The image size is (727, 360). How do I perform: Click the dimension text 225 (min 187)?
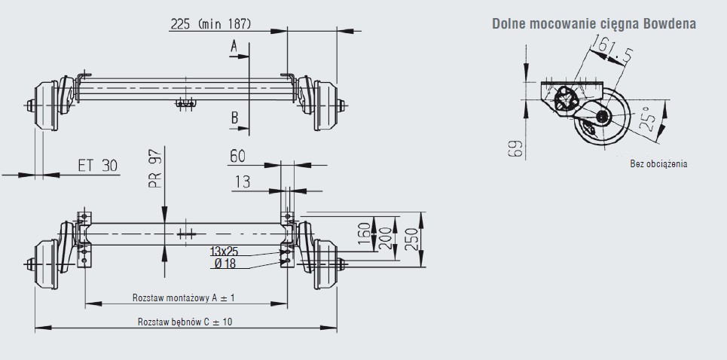pyautogui.click(x=210, y=23)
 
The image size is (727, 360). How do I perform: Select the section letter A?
pyautogui.click(x=234, y=46)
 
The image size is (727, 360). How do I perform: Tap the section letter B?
pyautogui.click(x=234, y=118)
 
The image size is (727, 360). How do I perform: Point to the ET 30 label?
pyautogui.click(x=97, y=166)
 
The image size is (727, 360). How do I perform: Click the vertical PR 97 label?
pyautogui.click(x=156, y=168)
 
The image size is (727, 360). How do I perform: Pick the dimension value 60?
pyautogui.click(x=237, y=157)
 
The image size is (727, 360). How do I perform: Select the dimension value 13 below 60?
pyautogui.click(x=243, y=182)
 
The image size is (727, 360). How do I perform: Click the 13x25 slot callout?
pyautogui.click(x=224, y=252)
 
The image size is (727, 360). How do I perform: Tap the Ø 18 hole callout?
pyautogui.click(x=225, y=264)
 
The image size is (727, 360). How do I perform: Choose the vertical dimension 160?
pyautogui.click(x=365, y=233)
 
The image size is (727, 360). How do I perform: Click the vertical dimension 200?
pyautogui.click(x=385, y=239)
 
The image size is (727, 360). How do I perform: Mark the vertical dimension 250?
pyautogui.click(x=411, y=239)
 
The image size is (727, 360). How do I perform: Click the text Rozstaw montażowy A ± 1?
pyautogui.click(x=184, y=298)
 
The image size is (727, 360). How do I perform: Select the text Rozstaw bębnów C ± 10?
pyautogui.click(x=185, y=322)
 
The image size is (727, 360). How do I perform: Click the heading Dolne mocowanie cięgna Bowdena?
pyautogui.click(x=594, y=24)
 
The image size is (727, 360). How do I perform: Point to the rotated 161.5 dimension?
pyautogui.click(x=612, y=49)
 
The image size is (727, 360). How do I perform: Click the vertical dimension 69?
pyautogui.click(x=515, y=148)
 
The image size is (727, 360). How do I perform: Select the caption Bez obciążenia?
pyautogui.click(x=658, y=164)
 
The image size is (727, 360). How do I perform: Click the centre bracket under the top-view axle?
pyautogui.click(x=185, y=103)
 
